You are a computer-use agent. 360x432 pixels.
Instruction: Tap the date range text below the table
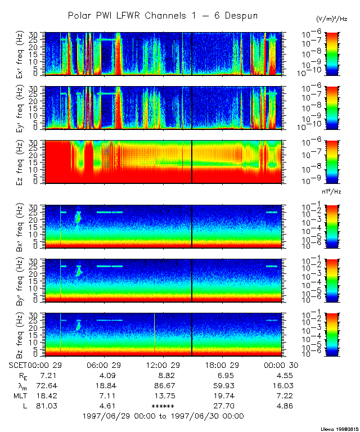163,416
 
